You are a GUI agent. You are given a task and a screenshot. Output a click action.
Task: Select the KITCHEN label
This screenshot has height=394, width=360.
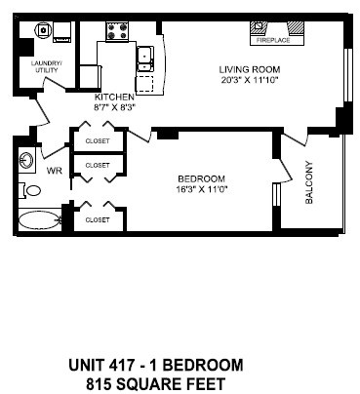(114, 98)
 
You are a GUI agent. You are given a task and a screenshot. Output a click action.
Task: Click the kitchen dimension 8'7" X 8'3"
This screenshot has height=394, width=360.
(115, 108)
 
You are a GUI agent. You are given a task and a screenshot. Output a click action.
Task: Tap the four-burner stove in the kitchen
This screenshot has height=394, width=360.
(118, 32)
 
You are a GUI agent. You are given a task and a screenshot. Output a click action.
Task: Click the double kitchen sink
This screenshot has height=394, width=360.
(146, 56)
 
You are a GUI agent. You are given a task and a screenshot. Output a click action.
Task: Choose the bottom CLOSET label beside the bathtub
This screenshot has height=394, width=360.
(97, 220)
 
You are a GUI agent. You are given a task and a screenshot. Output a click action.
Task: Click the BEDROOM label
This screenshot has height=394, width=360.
(202, 177)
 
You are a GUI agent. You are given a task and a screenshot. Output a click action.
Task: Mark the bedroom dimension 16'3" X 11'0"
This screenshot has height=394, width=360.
(203, 189)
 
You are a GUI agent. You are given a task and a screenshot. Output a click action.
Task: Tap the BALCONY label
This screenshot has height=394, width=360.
(309, 181)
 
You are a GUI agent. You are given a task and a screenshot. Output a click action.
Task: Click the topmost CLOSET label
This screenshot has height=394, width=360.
(99, 139)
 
